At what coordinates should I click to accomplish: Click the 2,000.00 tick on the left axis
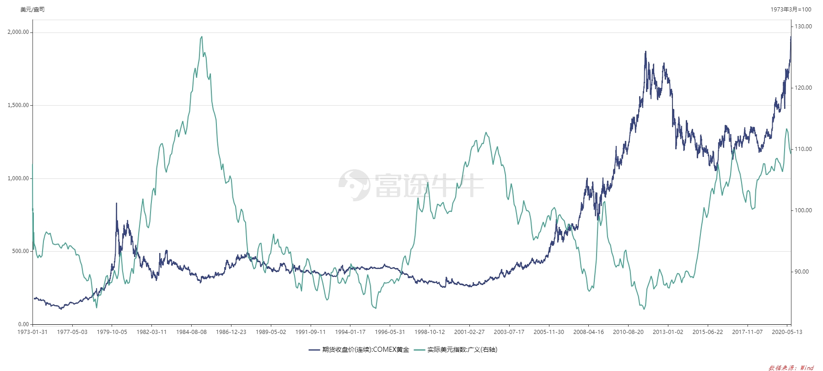(x=18, y=32)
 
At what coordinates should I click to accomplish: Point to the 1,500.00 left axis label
(x=18, y=105)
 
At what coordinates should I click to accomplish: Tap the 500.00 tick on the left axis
(x=21, y=251)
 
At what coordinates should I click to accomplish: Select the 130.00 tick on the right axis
(x=803, y=27)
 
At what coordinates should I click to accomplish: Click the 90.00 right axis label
(x=801, y=272)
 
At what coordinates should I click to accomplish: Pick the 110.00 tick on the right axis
(x=803, y=149)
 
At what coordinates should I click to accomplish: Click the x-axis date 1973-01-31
(x=32, y=332)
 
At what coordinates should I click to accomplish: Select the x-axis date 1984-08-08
(x=191, y=332)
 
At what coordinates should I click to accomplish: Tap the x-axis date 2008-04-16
(x=588, y=332)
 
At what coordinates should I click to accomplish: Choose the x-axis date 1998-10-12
(x=430, y=332)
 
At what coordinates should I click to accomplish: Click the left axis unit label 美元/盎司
(x=32, y=10)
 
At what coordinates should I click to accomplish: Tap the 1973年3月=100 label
(x=791, y=10)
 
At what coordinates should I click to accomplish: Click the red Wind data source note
(x=791, y=367)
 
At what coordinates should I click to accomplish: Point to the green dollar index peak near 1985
(x=202, y=37)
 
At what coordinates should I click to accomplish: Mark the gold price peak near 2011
(x=645, y=52)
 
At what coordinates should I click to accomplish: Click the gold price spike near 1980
(x=116, y=203)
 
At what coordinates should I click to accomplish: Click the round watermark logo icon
(x=354, y=185)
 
